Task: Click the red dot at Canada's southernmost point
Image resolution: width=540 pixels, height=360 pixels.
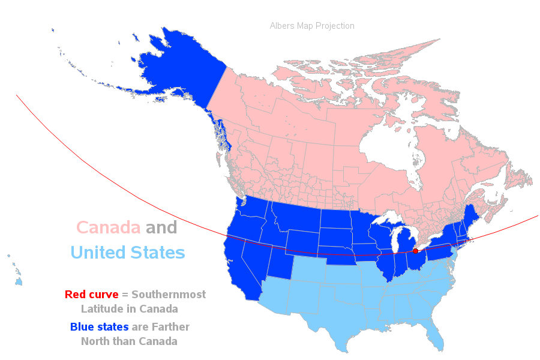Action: [415, 251]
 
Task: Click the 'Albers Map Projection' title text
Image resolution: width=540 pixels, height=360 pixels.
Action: [312, 26]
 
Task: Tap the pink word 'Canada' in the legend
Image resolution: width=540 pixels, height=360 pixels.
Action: [108, 228]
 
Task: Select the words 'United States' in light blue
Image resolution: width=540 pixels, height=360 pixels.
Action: [127, 252]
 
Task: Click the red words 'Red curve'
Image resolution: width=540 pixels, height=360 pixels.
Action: [91, 295]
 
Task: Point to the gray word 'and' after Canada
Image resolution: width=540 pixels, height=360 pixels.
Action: [161, 228]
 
